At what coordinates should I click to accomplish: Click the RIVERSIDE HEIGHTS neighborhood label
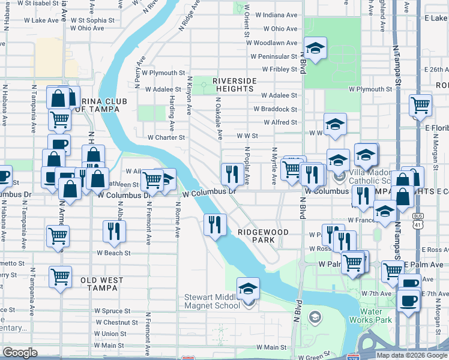pyautogui.click(x=234, y=85)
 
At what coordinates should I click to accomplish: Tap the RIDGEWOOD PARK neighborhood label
pyautogui.click(x=263, y=236)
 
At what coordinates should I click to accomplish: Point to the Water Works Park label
pyautogui.click(x=376, y=316)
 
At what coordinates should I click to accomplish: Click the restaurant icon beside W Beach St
pyautogui.click(x=112, y=231)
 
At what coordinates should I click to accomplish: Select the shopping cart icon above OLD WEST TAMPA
pyautogui.click(x=60, y=277)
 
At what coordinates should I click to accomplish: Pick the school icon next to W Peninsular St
pyautogui.click(x=315, y=47)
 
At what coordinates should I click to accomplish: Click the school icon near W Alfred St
pyautogui.click(x=335, y=124)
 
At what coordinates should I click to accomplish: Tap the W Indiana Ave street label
pyautogui.click(x=275, y=14)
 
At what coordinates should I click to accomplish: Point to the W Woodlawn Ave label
pyautogui.click(x=275, y=43)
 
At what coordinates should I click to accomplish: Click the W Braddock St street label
pyautogui.click(x=275, y=109)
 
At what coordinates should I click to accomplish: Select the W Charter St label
pyautogui.click(x=166, y=137)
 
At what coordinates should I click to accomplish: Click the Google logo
pyautogui.click(x=19, y=353)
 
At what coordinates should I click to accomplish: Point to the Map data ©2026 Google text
pyautogui.click(x=411, y=355)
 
